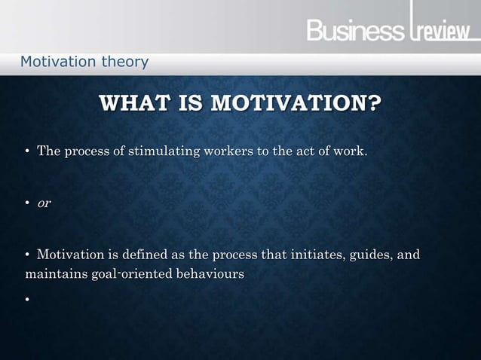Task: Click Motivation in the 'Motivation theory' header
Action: point(57,61)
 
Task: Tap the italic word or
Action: point(44,204)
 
